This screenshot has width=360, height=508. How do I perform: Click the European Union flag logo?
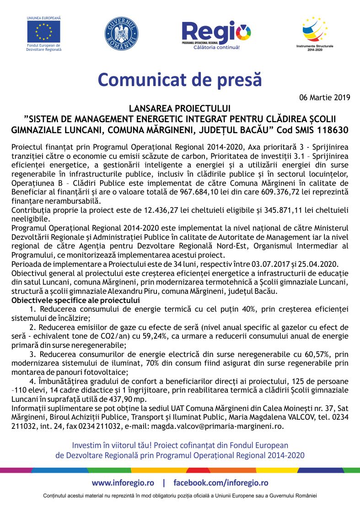click(43, 31)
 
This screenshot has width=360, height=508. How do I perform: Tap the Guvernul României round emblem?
click(122, 33)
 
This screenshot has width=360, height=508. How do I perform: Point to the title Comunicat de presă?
click(180, 80)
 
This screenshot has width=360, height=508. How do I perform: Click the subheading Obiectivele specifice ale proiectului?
click(75, 301)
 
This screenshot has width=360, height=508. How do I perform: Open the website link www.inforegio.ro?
click(123, 483)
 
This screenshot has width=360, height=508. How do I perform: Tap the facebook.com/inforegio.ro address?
click(220, 483)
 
